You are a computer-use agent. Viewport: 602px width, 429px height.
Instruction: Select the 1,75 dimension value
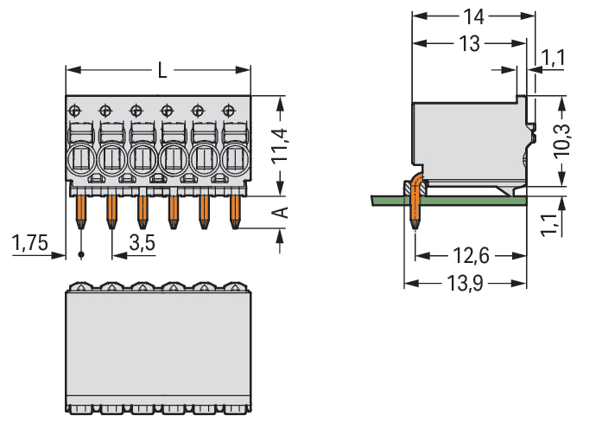coord(31,243)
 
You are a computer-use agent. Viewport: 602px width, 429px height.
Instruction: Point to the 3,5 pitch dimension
coord(142,243)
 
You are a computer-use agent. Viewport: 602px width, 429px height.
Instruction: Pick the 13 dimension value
coord(469,43)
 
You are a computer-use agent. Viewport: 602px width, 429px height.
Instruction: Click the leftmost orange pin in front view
coord(80,210)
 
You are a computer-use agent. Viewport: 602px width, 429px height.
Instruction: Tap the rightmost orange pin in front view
coord(234,210)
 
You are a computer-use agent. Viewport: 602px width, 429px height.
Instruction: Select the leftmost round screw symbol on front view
coord(75,110)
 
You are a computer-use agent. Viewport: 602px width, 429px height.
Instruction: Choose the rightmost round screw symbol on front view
coord(228,110)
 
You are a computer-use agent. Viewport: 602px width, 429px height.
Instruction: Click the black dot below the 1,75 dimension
coord(81,255)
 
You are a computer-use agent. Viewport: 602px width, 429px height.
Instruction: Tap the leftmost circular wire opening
coord(80,159)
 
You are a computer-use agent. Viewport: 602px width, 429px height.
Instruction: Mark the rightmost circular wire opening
coord(234,159)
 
